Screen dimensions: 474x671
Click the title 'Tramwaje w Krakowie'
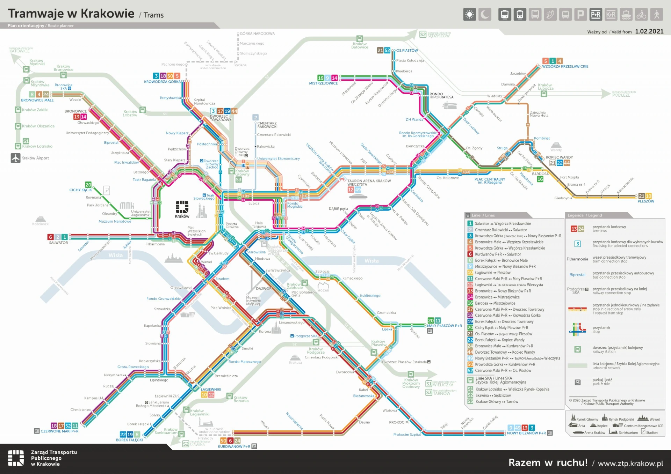click(71, 14)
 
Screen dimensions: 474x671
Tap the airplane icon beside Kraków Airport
click(16, 158)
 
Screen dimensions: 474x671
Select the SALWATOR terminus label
click(58, 243)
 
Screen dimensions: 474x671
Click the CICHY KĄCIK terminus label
click(80, 190)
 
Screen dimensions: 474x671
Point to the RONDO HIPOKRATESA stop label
click(441, 96)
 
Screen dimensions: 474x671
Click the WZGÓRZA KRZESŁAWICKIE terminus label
click(565, 66)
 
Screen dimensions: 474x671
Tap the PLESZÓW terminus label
click(645, 201)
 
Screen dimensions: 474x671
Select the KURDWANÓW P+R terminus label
click(234, 446)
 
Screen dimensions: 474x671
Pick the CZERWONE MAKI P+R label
click(59, 431)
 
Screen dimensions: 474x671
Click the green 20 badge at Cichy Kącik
click(88, 185)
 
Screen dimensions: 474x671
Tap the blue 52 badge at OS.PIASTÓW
click(387, 51)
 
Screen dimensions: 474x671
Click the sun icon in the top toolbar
click(469, 15)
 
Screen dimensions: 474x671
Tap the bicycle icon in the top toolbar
click(641, 15)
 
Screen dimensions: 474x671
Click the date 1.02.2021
click(649, 31)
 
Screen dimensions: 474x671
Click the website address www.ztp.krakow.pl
click(630, 464)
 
